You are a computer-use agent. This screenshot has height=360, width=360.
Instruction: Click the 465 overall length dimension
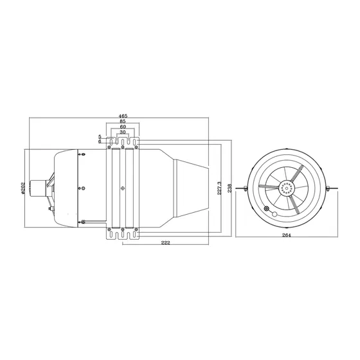point(123,116)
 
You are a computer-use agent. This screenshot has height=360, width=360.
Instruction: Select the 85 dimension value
point(123,121)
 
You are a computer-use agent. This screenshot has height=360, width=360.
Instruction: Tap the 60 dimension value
point(123,127)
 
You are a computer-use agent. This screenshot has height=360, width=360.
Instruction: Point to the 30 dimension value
point(123,132)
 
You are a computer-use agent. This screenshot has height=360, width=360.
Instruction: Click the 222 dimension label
point(166,243)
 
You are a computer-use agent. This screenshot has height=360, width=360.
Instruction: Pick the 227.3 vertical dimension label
point(219,188)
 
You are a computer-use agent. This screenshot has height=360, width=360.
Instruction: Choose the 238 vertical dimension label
point(230,188)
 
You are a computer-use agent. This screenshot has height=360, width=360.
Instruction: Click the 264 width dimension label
point(287,235)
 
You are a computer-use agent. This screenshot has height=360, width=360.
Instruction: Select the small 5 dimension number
point(100,137)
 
